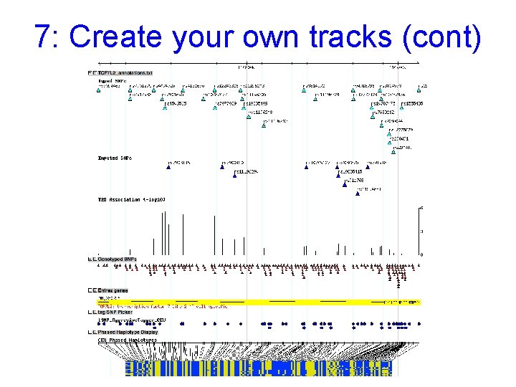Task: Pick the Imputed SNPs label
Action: pos(115,158)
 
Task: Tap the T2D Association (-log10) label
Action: pos(131,199)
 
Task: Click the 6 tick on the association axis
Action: pos(421,209)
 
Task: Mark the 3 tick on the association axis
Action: pos(421,231)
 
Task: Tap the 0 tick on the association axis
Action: pos(421,254)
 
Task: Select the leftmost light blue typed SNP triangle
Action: pos(100,90)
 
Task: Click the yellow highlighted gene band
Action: pos(258,303)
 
